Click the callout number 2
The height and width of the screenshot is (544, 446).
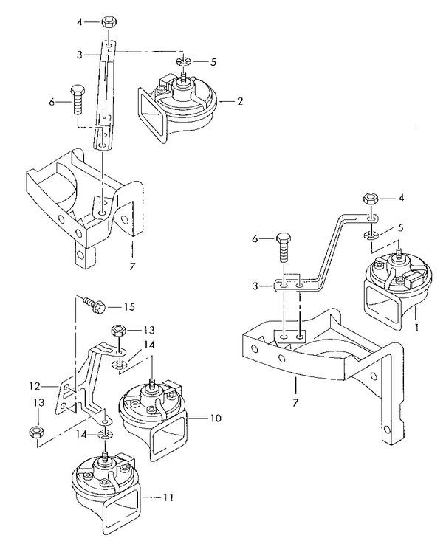click(x=240, y=101)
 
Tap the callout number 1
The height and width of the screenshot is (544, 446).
click(x=416, y=327)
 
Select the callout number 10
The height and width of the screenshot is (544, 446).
click(x=215, y=418)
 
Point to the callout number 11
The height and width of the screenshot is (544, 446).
click(x=168, y=497)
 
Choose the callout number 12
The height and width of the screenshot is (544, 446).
click(x=35, y=386)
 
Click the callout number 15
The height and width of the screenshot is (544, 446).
click(x=128, y=307)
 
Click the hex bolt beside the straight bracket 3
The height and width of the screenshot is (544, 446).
click(x=77, y=99)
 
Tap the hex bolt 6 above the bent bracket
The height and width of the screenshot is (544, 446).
click(x=284, y=248)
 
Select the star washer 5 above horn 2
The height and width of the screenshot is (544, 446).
click(x=184, y=62)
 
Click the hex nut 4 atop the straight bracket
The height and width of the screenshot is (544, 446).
click(x=109, y=23)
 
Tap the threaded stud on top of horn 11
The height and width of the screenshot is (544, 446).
click(x=104, y=457)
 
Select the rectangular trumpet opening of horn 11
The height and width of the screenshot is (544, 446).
click(x=121, y=512)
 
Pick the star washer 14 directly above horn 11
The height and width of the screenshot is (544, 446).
click(x=104, y=434)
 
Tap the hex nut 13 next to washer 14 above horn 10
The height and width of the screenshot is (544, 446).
click(x=118, y=330)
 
